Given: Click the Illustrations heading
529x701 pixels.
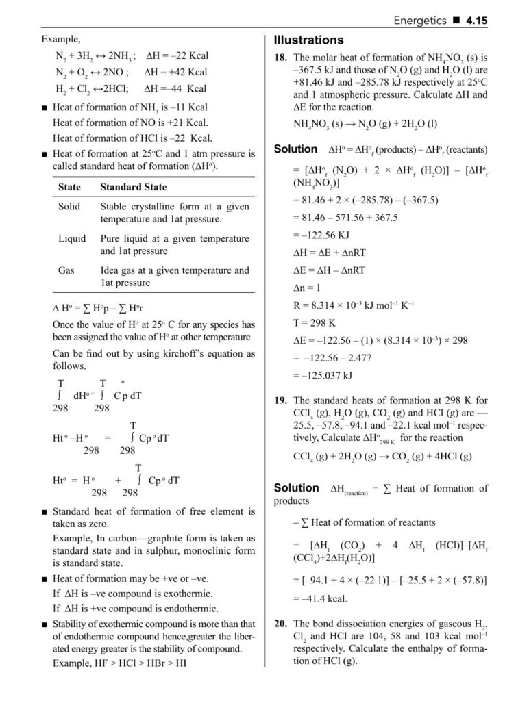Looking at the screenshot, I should tap(308, 40).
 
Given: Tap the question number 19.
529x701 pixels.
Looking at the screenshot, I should tap(280, 400).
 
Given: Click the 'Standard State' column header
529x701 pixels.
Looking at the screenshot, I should tap(133, 186).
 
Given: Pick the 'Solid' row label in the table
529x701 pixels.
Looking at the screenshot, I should tap(69, 206).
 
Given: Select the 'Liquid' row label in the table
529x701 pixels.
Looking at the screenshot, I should tap(72, 238).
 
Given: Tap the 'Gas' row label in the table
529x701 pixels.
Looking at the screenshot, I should tap(66, 270).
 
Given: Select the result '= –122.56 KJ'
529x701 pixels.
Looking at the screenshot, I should tap(323, 233).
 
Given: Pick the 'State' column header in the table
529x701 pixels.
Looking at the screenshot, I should tap(69, 186).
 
